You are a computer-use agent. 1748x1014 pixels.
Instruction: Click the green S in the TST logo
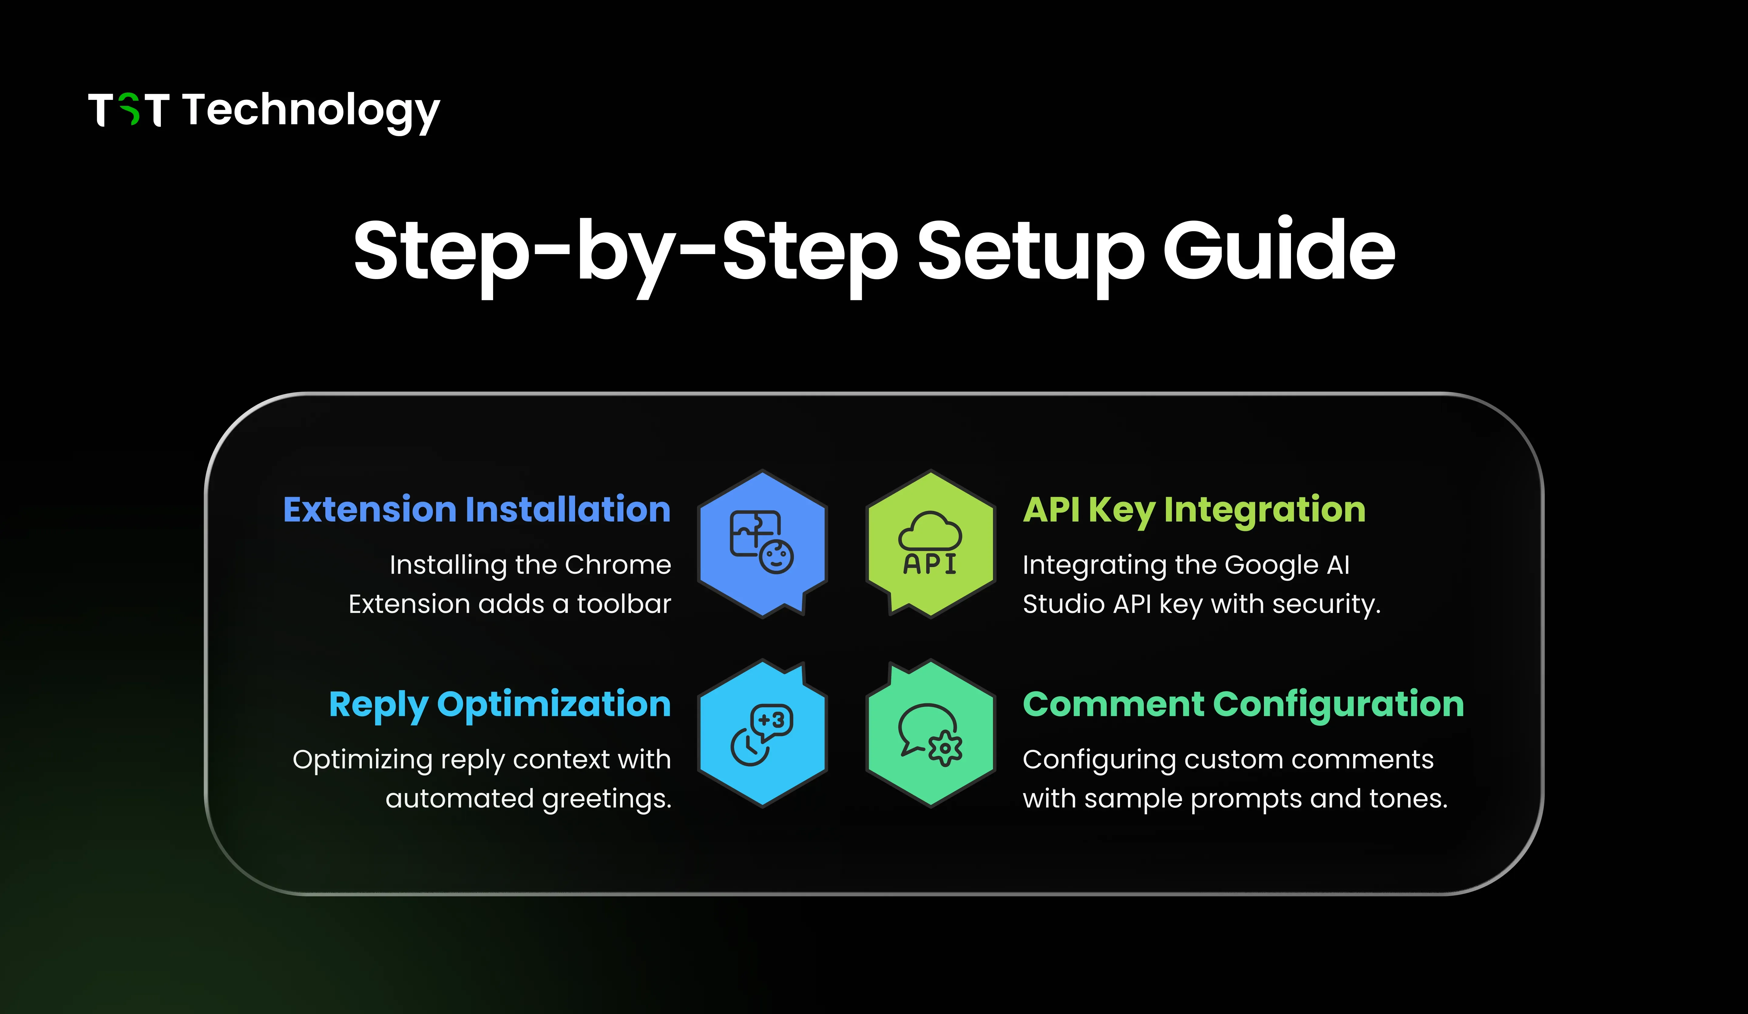(x=129, y=110)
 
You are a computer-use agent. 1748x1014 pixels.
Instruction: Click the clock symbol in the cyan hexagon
(x=748, y=747)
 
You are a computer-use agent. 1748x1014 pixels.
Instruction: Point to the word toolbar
(x=624, y=604)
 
